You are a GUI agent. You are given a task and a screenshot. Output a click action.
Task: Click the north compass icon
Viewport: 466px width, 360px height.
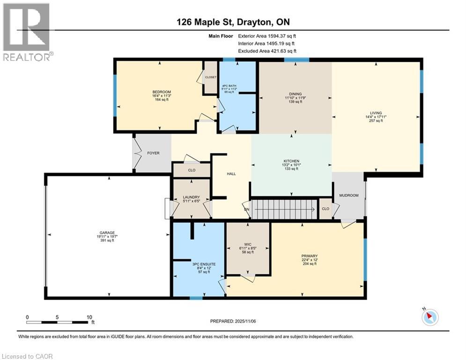point(430,317)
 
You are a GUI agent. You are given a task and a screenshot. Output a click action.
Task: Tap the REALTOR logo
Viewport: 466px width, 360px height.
point(28,32)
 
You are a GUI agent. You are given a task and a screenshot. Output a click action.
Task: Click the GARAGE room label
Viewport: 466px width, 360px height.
point(107,232)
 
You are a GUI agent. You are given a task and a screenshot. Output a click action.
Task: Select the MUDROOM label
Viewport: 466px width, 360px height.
point(349,195)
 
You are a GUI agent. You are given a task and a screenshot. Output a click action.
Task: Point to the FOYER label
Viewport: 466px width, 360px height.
point(153,153)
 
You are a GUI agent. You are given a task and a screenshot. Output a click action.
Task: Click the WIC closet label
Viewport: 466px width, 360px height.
point(248,245)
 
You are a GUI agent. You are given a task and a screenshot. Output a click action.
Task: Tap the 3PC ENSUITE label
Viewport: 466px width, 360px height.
point(204,264)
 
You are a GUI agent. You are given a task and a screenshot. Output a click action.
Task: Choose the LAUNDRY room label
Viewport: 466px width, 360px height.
point(192,197)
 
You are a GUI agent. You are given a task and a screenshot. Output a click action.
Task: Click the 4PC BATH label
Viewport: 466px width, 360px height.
point(229,86)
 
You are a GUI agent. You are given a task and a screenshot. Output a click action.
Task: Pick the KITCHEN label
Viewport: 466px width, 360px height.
point(291,161)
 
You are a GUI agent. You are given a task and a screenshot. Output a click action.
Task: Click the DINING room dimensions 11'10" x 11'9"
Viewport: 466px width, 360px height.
point(296,97)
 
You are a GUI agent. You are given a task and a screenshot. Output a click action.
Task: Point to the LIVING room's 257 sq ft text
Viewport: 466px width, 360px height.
point(376,121)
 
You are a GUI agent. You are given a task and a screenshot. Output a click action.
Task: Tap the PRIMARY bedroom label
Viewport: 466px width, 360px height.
point(310,256)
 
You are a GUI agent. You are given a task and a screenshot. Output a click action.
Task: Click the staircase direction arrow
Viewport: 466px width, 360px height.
point(285,209)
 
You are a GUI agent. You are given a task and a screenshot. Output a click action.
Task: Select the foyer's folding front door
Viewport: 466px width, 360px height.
point(137,153)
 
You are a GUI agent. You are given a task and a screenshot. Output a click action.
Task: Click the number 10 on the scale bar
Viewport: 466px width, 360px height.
point(89,317)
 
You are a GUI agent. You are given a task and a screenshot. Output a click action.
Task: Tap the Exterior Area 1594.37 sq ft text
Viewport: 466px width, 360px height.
point(267,36)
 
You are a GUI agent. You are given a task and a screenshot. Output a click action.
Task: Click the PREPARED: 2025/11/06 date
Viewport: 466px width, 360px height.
point(233,321)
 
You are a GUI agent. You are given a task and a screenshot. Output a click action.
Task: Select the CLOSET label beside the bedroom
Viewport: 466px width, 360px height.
point(211,77)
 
